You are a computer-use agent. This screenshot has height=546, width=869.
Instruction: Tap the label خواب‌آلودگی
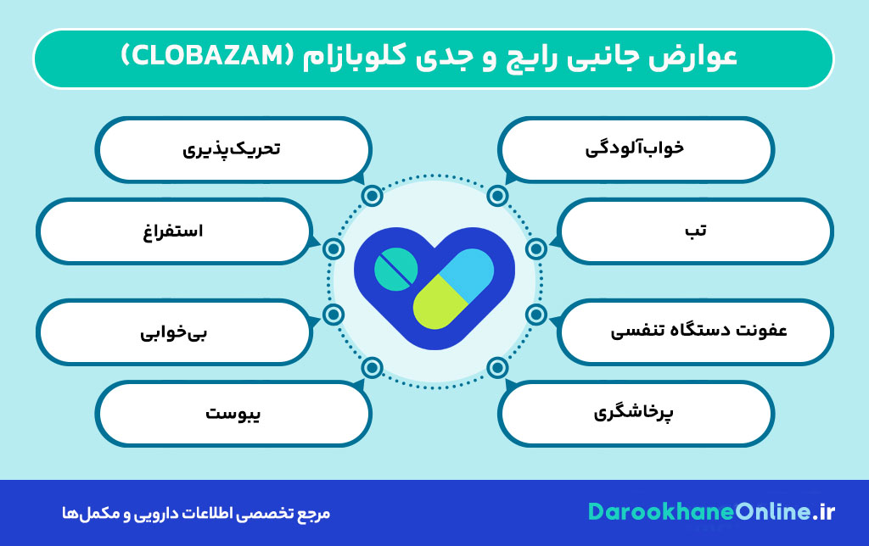pos(635,148)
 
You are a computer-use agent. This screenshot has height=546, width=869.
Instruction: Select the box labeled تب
pos(697,231)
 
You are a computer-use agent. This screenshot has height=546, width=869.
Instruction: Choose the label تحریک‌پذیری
pos(232,148)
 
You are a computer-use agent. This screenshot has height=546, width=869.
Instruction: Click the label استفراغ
pos(172,231)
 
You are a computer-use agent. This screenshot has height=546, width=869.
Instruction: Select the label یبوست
pos(233,414)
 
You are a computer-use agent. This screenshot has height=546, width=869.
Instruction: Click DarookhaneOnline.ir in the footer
pos(711,511)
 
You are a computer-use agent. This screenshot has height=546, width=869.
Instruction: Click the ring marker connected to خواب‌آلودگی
pos(498,197)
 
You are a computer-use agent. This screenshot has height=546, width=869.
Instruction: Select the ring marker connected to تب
pos(535,248)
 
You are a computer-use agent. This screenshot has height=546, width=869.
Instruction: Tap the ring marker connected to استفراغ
pos(334,248)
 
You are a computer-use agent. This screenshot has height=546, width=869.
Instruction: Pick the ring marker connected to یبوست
pos(372,367)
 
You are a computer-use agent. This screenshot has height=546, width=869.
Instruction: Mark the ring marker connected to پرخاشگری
pos(498,367)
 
